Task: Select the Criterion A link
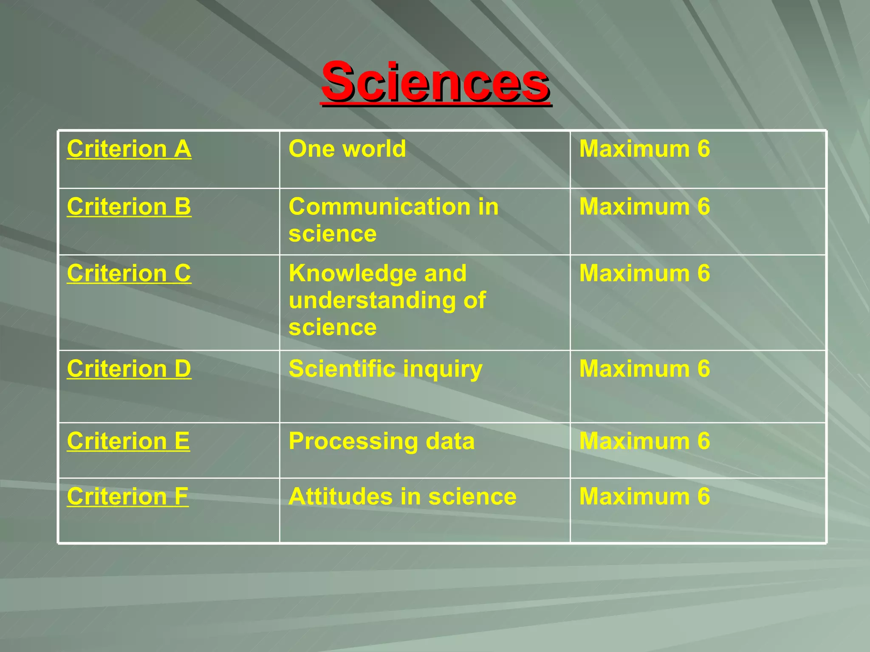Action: (129, 149)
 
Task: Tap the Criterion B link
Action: (129, 207)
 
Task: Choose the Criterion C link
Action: (129, 273)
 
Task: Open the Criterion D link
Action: (129, 368)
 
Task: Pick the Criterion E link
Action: (128, 441)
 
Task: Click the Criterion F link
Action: (127, 496)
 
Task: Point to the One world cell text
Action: (347, 149)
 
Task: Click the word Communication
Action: (379, 207)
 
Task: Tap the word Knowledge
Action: (377, 273)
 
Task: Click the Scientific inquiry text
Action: (385, 369)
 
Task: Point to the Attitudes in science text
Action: (402, 496)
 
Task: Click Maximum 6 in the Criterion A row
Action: (644, 149)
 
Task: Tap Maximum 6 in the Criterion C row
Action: (644, 273)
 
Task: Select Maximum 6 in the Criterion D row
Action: (644, 368)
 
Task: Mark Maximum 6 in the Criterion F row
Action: (644, 496)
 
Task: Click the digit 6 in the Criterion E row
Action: (703, 441)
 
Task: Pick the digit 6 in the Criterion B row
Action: (703, 207)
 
